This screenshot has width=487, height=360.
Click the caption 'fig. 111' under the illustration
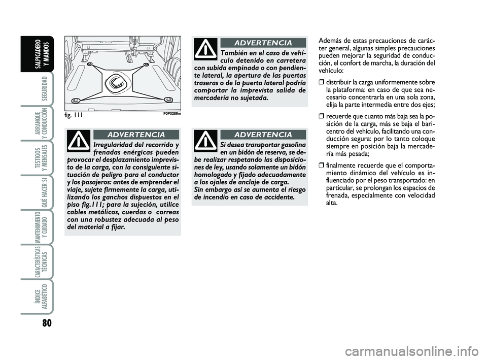click(x=75, y=115)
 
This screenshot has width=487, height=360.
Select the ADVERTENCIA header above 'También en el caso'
click(x=263, y=43)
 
